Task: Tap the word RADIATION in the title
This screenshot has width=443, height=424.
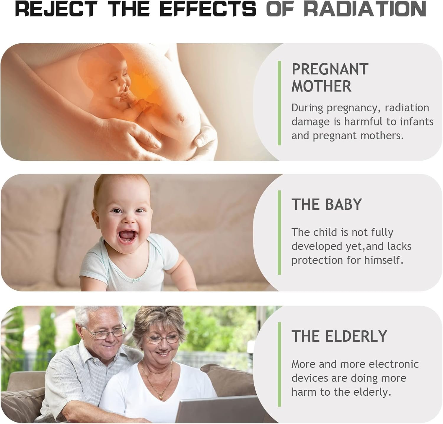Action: pos(365,9)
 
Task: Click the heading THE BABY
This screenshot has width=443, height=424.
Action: pos(327,204)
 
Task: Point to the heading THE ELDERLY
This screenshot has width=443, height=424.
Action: pos(339,336)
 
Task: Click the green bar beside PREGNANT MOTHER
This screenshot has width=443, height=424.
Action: pos(279,103)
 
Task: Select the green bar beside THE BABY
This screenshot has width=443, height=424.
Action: pos(279,233)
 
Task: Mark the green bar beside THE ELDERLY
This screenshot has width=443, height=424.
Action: pos(279,364)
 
